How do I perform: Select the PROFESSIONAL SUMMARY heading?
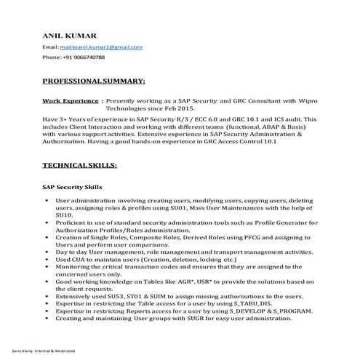point(94,80)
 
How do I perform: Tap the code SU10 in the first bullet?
point(64,216)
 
